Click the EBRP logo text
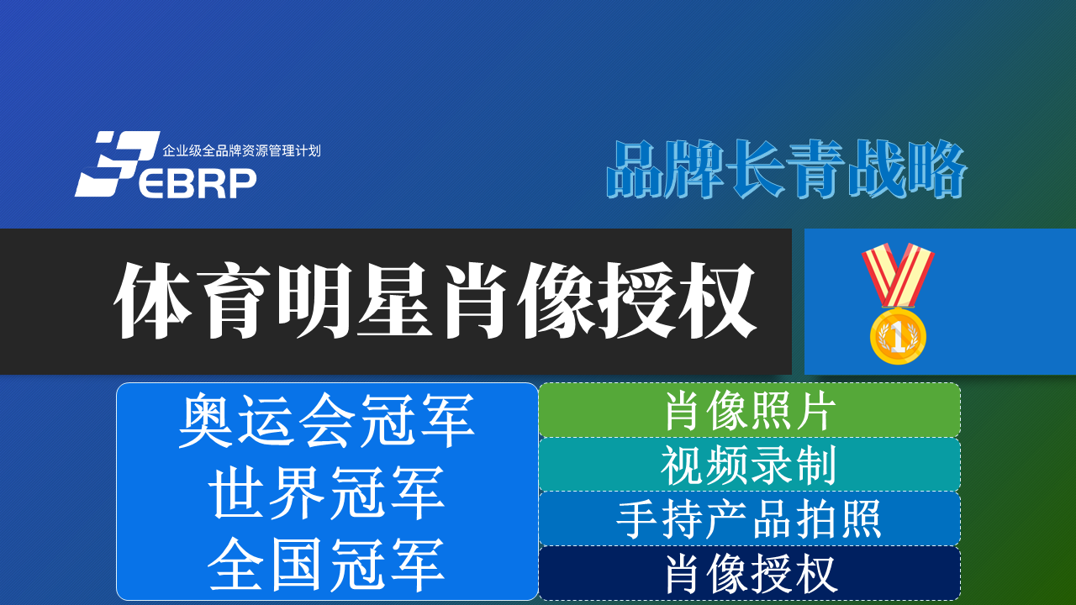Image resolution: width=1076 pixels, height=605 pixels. click(198, 183)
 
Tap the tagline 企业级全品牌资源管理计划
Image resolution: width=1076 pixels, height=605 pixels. click(241, 150)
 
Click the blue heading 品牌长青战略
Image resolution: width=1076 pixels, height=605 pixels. click(787, 169)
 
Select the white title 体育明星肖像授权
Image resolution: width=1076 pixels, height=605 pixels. click(435, 301)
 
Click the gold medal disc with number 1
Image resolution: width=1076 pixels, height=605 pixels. click(898, 336)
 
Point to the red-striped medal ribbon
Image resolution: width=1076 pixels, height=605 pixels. click(898, 275)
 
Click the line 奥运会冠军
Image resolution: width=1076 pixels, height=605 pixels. click(327, 420)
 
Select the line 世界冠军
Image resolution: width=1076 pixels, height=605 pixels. click(327, 492)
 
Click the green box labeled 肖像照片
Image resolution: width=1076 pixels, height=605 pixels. click(749, 410)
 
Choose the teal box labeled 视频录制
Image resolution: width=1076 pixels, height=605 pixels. click(749, 465)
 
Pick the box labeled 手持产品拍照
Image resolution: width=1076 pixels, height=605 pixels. click(749, 518)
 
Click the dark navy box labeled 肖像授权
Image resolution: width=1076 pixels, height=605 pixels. click(749, 573)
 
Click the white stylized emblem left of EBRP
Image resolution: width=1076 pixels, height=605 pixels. click(117, 164)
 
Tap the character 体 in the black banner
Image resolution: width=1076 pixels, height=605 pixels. click(153, 301)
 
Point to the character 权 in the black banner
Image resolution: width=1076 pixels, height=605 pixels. click(717, 301)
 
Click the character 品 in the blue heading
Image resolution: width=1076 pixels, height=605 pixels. click(635, 169)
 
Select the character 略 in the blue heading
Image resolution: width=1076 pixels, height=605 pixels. click(937, 169)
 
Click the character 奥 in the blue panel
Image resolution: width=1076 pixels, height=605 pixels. click(206, 420)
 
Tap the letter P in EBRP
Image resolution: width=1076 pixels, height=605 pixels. click(240, 183)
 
